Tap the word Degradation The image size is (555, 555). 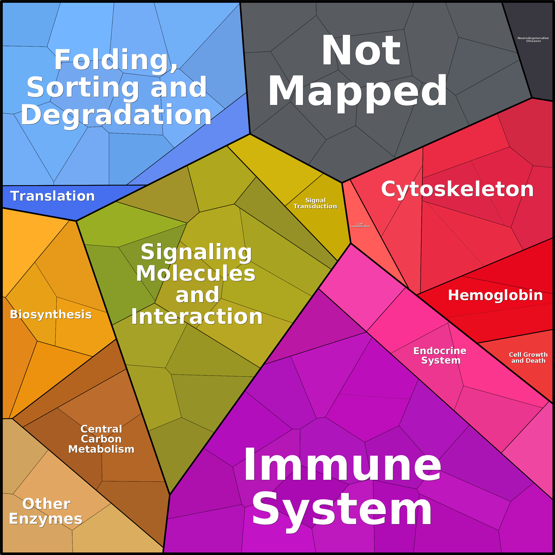click(116, 115)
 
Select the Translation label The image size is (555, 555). click(53, 196)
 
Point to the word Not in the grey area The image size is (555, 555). click(361, 51)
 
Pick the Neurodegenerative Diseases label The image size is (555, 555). click(533, 40)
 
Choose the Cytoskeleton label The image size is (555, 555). click(457, 189)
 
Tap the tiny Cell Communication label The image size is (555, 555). click(360, 225)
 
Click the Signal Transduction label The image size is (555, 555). click(316, 203)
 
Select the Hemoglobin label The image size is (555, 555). click(496, 295)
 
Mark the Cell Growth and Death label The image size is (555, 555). click(528, 358)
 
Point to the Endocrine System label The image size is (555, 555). click(440, 356)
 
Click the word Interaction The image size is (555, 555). click(197, 317)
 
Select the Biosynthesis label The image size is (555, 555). click(51, 315)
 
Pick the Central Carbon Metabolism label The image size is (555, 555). click(101, 439)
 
